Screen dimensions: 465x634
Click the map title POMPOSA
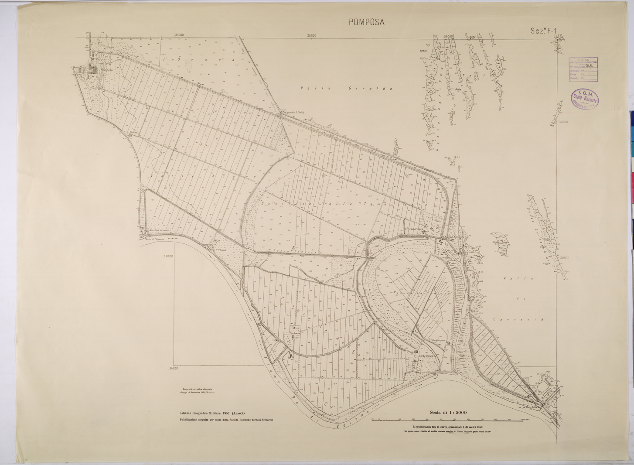[367, 23]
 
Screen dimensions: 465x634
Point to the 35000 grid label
[311, 36]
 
